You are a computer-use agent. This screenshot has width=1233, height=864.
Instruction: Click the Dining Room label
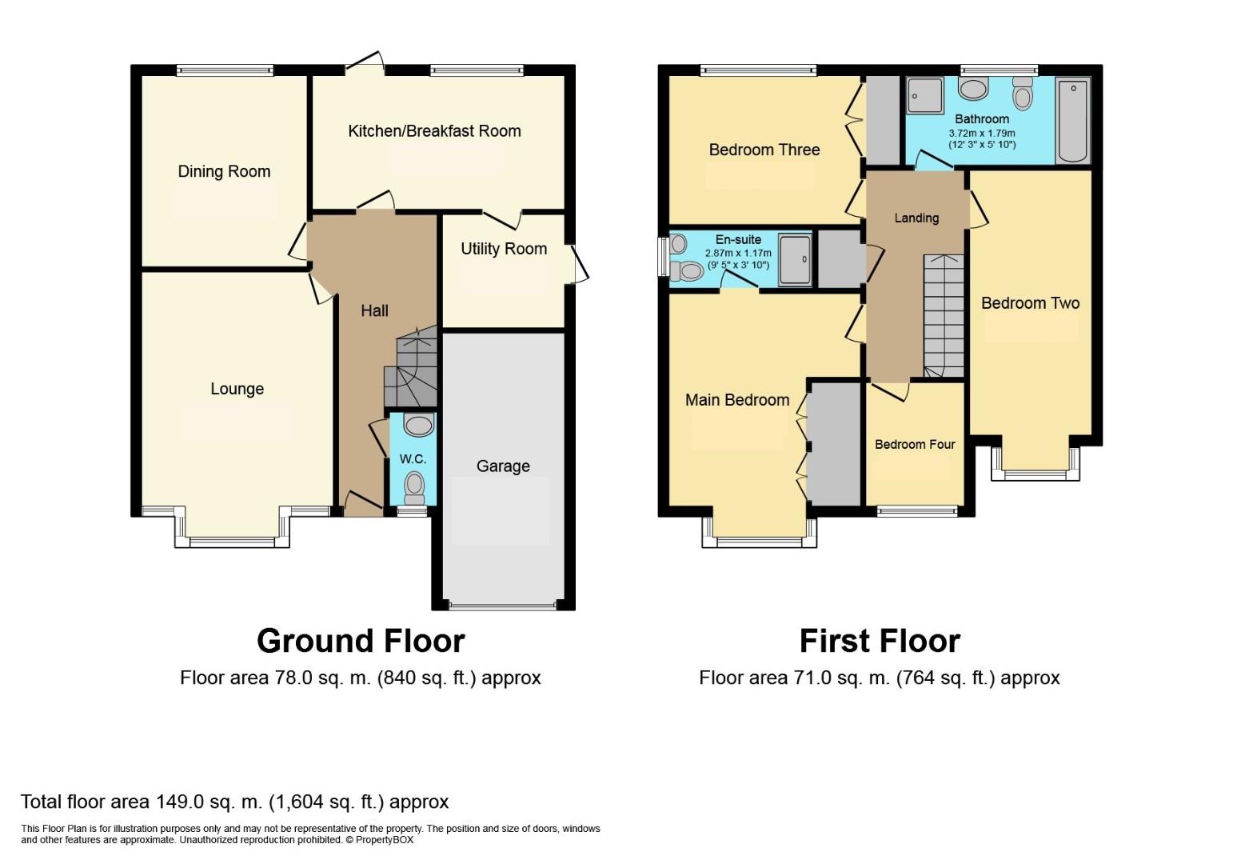click(x=224, y=171)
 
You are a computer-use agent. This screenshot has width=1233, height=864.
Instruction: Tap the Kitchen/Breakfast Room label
click(x=434, y=131)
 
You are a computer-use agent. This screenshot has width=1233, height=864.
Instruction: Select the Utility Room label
click(x=504, y=249)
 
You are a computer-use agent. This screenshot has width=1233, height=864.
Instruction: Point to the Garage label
click(x=503, y=466)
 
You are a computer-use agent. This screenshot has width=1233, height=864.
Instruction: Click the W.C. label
click(x=413, y=459)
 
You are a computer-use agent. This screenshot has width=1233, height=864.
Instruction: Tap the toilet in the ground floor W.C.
click(x=413, y=484)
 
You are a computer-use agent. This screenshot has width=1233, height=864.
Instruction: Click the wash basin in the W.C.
click(x=418, y=425)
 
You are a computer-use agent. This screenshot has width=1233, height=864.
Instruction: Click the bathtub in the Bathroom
click(x=1072, y=120)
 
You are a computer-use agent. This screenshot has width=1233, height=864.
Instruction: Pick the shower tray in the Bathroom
click(x=925, y=95)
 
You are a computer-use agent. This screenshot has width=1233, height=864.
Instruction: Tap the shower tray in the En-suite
click(x=795, y=259)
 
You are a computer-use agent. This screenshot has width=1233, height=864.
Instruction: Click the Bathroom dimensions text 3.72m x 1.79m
click(x=982, y=134)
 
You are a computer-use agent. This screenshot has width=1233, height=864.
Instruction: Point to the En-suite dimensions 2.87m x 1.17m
click(x=738, y=253)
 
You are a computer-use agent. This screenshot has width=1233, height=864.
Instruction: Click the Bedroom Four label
click(x=915, y=445)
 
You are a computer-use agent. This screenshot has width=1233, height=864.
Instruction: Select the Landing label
click(x=916, y=218)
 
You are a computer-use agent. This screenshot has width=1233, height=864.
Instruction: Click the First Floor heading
click(x=880, y=641)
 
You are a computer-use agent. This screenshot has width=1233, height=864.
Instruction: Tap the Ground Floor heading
click(x=361, y=641)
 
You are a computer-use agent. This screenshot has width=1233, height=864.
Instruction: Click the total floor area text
click(x=234, y=802)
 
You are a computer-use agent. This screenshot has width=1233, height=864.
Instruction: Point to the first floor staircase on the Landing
click(x=944, y=316)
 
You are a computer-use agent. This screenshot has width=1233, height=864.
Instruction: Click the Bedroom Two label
click(x=1030, y=303)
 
